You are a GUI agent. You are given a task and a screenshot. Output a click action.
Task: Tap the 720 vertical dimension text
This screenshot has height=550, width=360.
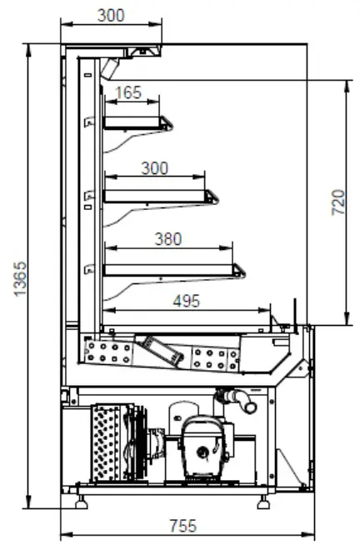tap(338, 202)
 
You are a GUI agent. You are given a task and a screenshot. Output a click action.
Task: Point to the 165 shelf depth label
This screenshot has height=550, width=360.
tap(127, 93)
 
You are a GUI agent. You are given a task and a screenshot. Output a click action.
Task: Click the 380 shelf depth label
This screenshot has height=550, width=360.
tap(167, 239)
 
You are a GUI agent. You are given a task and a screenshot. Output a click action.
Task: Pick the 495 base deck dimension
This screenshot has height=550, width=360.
tap(185, 302)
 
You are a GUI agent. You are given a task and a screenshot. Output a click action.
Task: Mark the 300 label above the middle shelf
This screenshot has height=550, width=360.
tap(154, 168)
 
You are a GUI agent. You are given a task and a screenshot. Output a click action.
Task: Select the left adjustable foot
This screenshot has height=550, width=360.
tap(84, 502)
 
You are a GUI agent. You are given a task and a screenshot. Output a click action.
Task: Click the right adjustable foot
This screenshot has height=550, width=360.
tap(264, 502)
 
